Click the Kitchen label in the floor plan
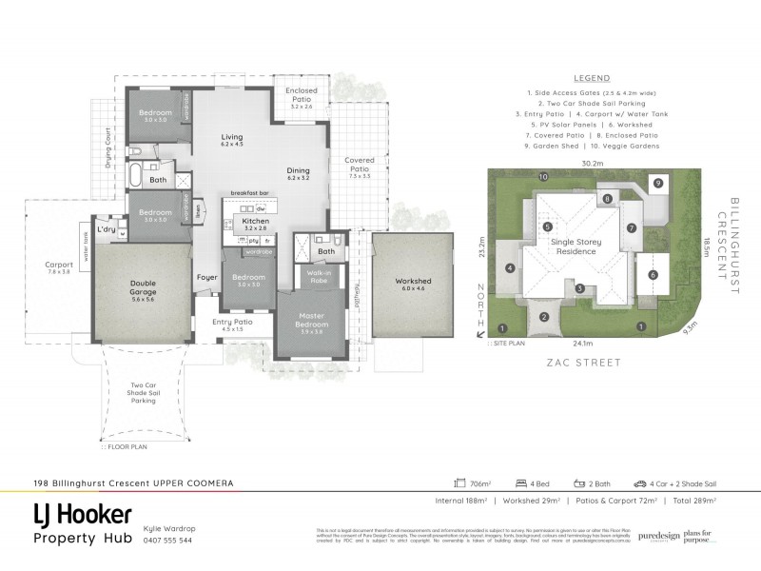pos(256,221)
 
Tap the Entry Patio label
pos(232,322)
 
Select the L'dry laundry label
pos(107,229)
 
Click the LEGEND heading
pos(592,78)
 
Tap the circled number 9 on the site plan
pos(657,182)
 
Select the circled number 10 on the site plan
pos(543,177)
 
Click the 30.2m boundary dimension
pos(593,164)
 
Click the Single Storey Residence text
pos(576,247)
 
